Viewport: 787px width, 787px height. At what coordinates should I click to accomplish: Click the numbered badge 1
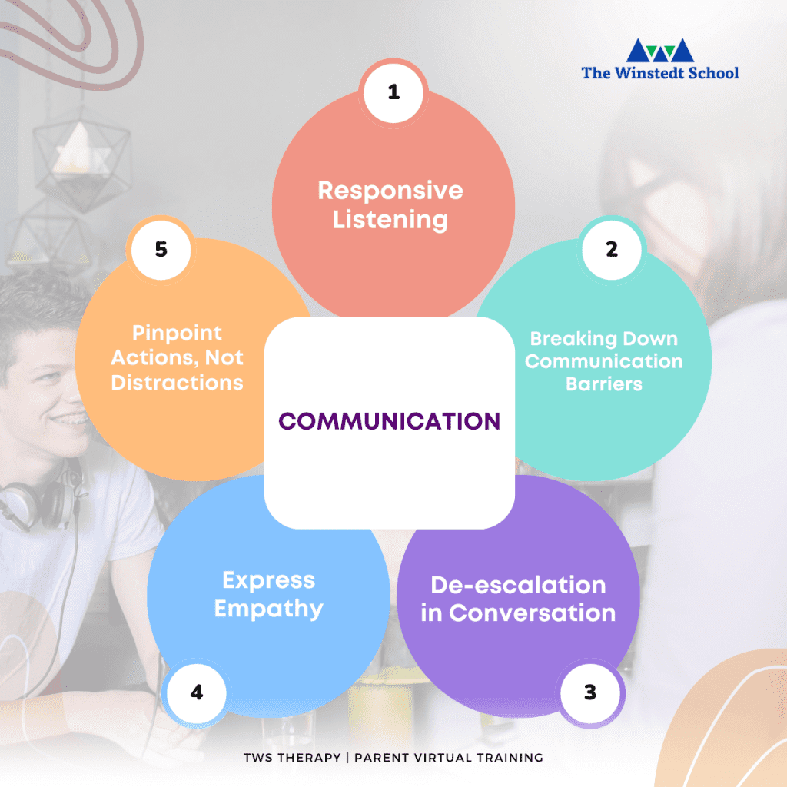pyautogui.click(x=393, y=93)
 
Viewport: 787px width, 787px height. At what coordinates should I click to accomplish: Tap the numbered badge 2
pyautogui.click(x=611, y=250)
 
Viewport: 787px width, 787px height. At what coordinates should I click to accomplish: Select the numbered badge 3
pyautogui.click(x=590, y=692)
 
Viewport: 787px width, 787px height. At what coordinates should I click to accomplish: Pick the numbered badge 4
pyautogui.click(x=197, y=692)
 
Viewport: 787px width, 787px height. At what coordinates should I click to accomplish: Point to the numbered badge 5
pyautogui.click(x=161, y=250)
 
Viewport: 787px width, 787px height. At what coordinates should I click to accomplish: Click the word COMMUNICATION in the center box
pyautogui.click(x=390, y=421)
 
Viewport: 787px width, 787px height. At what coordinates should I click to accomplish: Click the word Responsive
pyautogui.click(x=390, y=191)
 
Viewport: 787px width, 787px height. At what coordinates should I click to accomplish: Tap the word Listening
pyautogui.click(x=390, y=220)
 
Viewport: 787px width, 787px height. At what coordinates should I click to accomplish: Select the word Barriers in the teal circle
pyautogui.click(x=604, y=384)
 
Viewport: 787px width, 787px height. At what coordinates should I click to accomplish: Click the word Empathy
pyautogui.click(x=268, y=609)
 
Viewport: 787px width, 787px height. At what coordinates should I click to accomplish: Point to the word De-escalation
pyautogui.click(x=519, y=585)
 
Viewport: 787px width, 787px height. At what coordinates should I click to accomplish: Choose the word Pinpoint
pyautogui.click(x=178, y=334)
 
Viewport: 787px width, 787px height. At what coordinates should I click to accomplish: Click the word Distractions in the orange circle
pyautogui.click(x=178, y=383)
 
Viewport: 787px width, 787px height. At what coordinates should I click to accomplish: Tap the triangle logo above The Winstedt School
pyautogui.click(x=660, y=51)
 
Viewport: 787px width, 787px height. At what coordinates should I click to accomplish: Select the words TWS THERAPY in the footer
pyautogui.click(x=292, y=757)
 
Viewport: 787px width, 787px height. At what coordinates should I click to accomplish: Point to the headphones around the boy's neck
pyautogui.click(x=40, y=502)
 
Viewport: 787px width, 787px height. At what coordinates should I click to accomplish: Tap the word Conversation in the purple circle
pyautogui.click(x=533, y=613)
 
